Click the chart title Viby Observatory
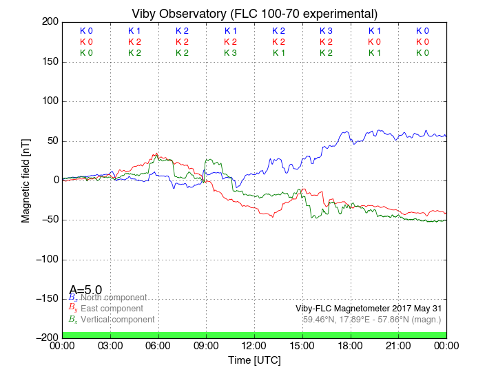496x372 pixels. click(x=254, y=14)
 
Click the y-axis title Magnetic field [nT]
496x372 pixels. click(x=26, y=179)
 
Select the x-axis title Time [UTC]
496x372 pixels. click(x=254, y=360)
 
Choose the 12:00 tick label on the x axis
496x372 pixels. click(x=254, y=345)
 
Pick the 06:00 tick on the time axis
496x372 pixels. click(x=158, y=345)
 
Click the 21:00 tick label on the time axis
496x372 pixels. click(x=399, y=345)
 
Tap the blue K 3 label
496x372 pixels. click(x=327, y=31)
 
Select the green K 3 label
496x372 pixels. click(x=230, y=53)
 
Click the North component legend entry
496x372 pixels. click(x=110, y=298)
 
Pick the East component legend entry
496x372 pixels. click(x=112, y=309)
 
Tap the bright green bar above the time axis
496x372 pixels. click(x=254, y=335)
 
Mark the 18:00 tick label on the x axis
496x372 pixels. click(x=351, y=345)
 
